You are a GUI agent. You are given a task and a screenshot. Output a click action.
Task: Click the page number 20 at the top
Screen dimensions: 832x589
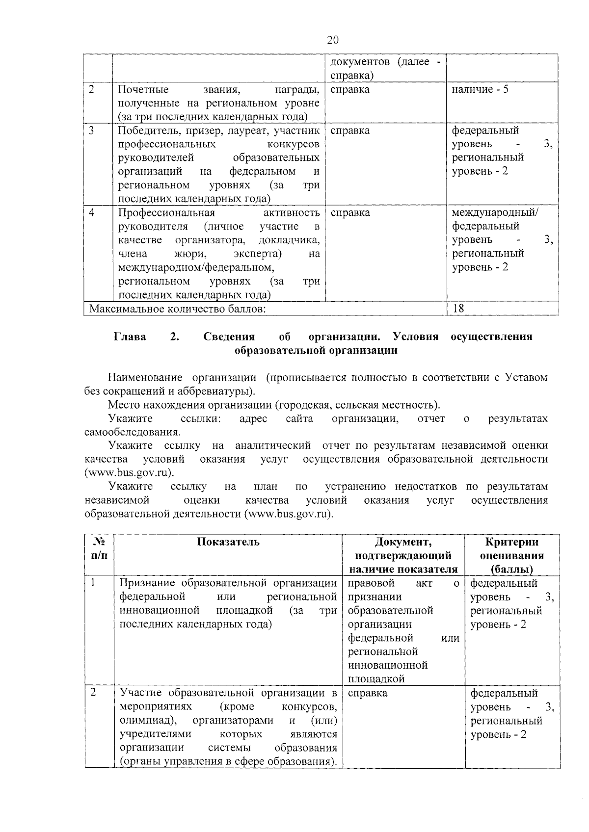(332, 40)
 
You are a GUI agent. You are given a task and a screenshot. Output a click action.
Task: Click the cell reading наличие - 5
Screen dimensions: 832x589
(480, 90)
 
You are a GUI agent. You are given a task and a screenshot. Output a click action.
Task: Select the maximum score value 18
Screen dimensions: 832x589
(458, 308)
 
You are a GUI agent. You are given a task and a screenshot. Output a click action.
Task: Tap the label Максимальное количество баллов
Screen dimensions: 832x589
(178, 309)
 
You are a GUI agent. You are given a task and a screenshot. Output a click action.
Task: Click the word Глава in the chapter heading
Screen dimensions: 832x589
(130, 337)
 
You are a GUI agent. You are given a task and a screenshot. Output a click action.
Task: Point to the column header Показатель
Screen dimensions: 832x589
(228, 542)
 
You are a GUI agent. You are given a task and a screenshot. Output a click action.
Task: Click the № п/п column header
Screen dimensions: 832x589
(99, 548)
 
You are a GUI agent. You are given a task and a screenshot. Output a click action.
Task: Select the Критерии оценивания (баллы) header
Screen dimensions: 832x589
(511, 555)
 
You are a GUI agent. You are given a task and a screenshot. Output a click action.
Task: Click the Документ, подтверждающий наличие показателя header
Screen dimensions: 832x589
(403, 555)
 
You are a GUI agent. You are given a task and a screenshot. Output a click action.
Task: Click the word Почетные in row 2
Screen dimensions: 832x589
(143, 90)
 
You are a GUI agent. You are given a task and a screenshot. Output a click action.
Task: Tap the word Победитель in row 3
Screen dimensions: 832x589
(145, 130)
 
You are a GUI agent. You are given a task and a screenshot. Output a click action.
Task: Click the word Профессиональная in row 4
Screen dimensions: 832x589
(167, 212)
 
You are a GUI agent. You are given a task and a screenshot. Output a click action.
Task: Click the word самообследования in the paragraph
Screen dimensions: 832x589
(132, 432)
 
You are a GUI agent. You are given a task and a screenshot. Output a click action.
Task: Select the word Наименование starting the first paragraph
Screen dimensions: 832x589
(145, 377)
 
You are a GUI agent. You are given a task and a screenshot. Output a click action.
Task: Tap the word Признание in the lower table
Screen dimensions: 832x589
(147, 583)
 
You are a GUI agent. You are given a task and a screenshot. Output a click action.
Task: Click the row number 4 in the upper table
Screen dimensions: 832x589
(92, 212)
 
